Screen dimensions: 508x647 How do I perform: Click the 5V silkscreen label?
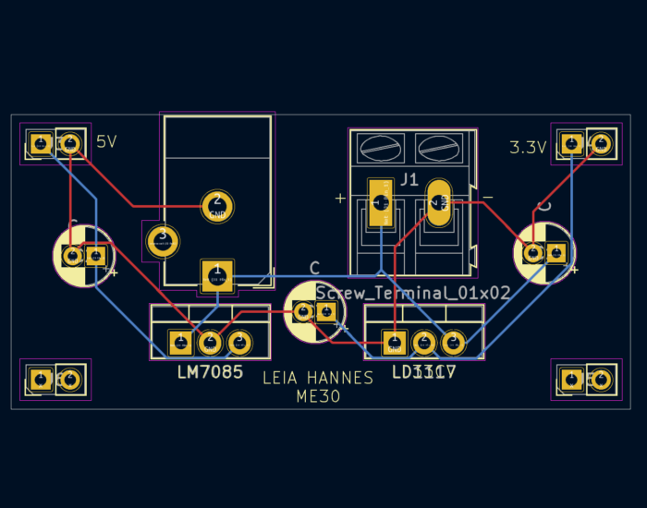click(106, 141)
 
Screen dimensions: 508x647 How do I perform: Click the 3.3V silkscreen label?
click(528, 147)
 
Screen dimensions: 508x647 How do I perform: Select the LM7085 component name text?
click(210, 372)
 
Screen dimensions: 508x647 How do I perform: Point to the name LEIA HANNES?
click(318, 378)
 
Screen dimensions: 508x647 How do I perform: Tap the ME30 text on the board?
click(318, 397)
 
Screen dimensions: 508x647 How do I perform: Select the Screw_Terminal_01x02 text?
click(413, 293)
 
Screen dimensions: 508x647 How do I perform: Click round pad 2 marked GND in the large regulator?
click(217, 204)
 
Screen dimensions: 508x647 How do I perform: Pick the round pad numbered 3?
click(163, 241)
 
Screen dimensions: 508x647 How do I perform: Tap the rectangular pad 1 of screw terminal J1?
click(379, 202)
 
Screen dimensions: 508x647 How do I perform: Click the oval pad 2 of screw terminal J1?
click(438, 201)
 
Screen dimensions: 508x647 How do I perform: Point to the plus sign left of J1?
click(340, 198)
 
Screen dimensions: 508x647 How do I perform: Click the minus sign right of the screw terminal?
click(487, 198)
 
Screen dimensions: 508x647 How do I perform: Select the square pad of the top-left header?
click(40, 143)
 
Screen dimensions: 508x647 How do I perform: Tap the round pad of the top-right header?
click(601, 143)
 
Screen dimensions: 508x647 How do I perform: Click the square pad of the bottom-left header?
click(40, 379)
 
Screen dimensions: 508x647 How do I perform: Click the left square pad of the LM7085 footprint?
click(179, 344)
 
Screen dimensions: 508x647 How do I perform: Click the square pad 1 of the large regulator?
click(216, 275)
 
